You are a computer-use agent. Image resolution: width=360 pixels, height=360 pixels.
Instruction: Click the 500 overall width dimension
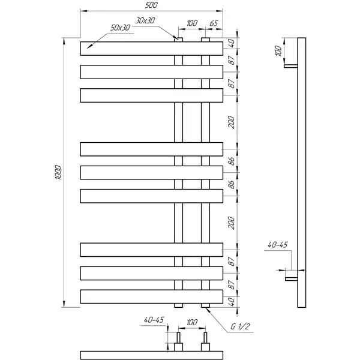(x=151, y=5)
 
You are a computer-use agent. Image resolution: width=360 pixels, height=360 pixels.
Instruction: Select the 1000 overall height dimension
(x=58, y=172)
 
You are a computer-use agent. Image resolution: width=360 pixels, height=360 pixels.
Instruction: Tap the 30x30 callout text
(x=145, y=20)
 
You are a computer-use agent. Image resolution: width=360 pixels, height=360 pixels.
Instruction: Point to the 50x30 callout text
(x=120, y=28)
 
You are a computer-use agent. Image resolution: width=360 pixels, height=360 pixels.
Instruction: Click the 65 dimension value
(x=214, y=23)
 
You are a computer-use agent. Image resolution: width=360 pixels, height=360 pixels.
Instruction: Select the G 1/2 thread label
(x=240, y=326)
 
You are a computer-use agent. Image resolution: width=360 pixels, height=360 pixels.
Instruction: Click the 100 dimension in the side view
(x=278, y=51)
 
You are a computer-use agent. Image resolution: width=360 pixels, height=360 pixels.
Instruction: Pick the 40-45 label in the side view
(x=278, y=245)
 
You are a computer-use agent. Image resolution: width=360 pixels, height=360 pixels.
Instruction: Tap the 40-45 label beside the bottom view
(x=154, y=320)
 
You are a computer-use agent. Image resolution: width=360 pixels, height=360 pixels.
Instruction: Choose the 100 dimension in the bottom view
(x=192, y=322)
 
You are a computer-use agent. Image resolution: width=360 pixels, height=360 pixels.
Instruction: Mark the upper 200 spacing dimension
(x=232, y=122)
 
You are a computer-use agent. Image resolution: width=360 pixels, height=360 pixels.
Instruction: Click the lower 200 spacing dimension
(x=232, y=223)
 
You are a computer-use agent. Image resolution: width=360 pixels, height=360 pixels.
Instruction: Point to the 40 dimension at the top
(x=232, y=43)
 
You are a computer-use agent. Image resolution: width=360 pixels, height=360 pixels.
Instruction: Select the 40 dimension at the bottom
(x=232, y=302)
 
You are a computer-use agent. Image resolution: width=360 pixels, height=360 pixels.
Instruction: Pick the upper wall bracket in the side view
(x=291, y=66)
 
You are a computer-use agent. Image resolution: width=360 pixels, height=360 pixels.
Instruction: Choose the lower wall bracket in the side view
(x=292, y=279)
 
